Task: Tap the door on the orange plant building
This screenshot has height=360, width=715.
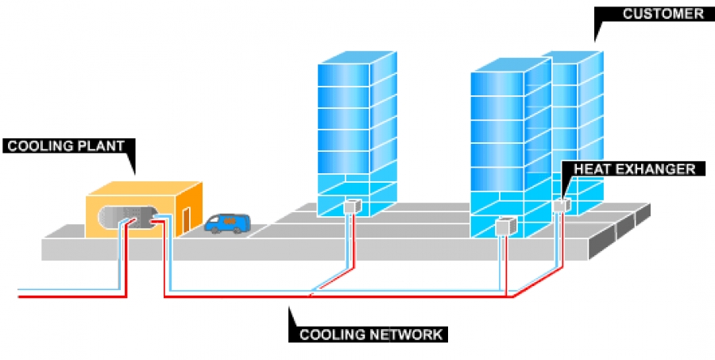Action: (x=186, y=220)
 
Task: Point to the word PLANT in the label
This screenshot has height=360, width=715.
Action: (x=102, y=145)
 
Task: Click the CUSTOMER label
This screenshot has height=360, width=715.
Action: (x=651, y=14)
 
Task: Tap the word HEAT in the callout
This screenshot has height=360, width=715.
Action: (x=592, y=168)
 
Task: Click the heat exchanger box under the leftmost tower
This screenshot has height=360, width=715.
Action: (x=352, y=207)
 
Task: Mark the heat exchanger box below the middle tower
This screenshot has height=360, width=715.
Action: (x=504, y=227)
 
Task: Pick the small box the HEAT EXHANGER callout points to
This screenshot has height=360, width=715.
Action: (x=561, y=206)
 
